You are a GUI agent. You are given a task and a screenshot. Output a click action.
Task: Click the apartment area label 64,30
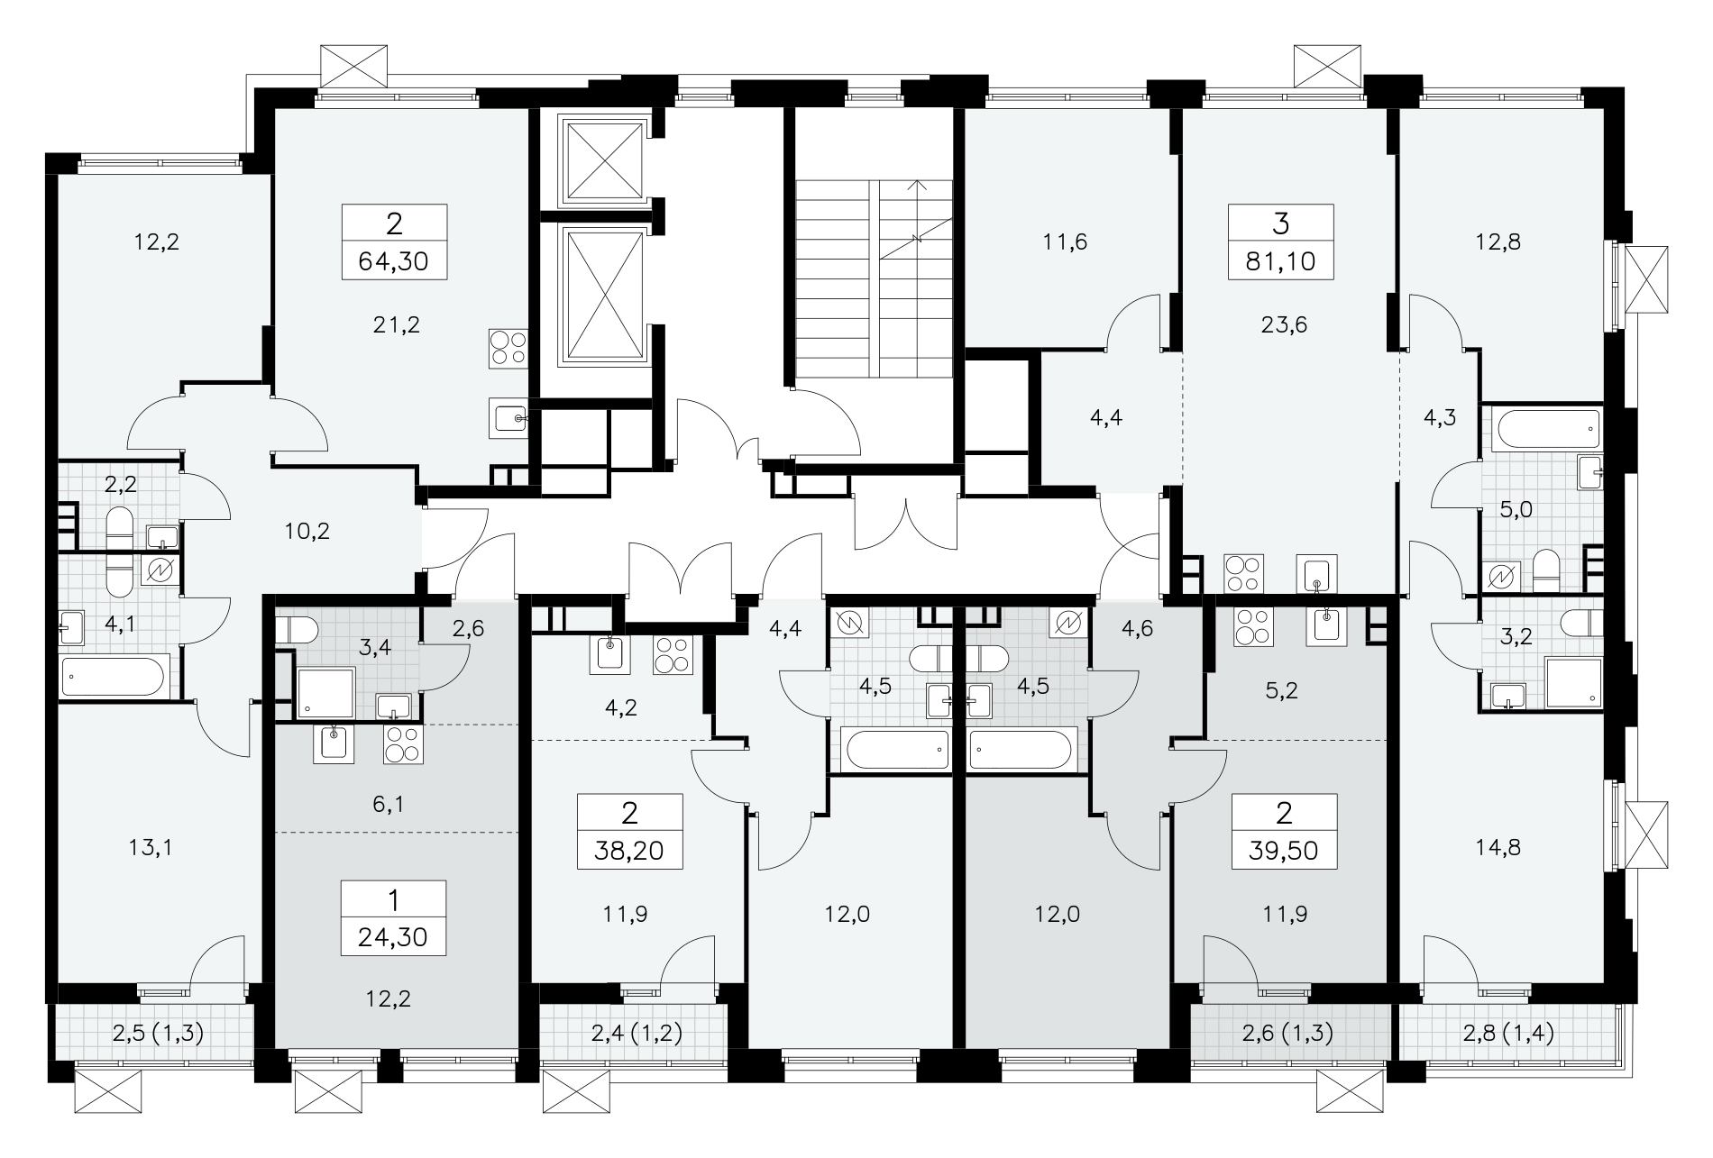[x=394, y=262]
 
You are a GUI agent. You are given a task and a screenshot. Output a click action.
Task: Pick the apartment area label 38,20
[x=630, y=852]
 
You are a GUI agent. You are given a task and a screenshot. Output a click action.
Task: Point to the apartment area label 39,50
[x=1284, y=852]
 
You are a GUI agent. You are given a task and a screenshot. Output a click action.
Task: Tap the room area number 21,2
[x=397, y=324]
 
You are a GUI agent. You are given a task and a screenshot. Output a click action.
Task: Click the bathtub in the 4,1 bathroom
[x=115, y=677]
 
